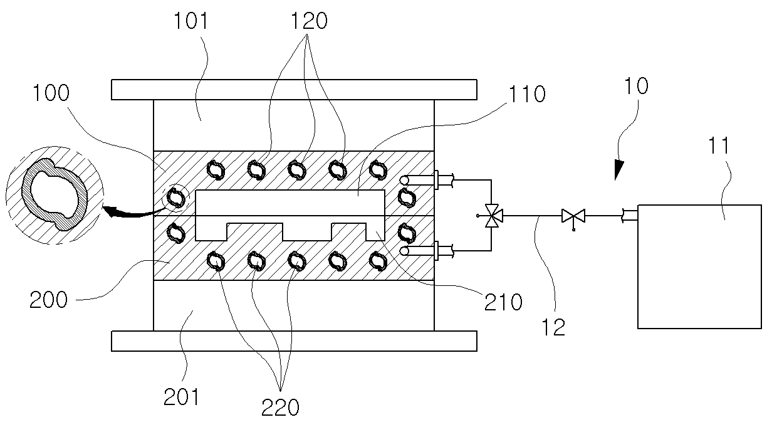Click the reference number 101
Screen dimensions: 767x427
pyautogui.click(x=191, y=21)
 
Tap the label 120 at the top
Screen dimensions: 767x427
pyautogui.click(x=309, y=21)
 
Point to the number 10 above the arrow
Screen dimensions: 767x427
pyautogui.click(x=636, y=86)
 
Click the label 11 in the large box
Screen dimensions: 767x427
pyautogui.click(x=719, y=145)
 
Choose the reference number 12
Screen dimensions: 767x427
pyautogui.click(x=553, y=327)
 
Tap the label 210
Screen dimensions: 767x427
pyautogui.click(x=503, y=302)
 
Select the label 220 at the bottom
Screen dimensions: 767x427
pyautogui.click(x=281, y=408)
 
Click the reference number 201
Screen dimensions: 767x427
pyautogui.click(x=181, y=397)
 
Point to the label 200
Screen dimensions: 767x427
pyautogui.click(x=48, y=300)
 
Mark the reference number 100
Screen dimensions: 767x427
pyautogui.click(x=51, y=93)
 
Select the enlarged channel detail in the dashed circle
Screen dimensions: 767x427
pyautogui.click(x=55, y=195)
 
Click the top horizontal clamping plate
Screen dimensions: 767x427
pyautogui.click(x=294, y=90)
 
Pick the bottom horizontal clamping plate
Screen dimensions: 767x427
pyautogui.click(x=294, y=341)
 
